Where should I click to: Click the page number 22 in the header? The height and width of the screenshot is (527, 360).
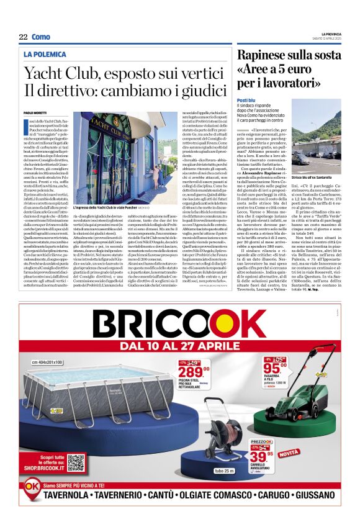[23, 37]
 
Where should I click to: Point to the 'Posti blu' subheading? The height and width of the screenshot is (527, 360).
[246, 100]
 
